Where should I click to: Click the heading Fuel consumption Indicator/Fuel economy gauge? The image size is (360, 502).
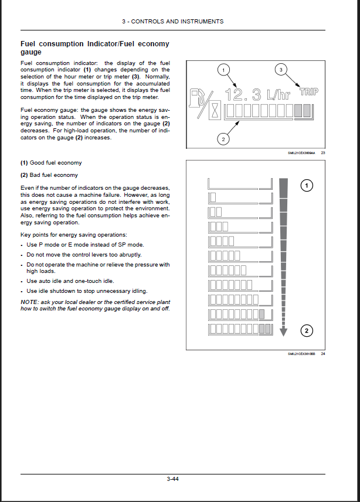point(94,47)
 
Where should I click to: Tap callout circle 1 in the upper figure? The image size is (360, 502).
point(222,70)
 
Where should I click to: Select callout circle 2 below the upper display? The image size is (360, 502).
point(223,139)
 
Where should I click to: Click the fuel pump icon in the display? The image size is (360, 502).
point(198,97)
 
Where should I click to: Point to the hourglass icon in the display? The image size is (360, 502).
point(215,111)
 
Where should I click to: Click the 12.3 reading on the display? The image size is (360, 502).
point(244,94)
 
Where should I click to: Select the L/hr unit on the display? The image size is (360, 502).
point(279,95)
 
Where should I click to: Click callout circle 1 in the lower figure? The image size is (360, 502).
point(306,186)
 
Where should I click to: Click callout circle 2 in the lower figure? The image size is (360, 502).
point(306,331)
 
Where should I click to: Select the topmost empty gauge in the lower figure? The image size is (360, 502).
point(240,182)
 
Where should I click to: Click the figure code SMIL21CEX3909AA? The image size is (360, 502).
point(301,153)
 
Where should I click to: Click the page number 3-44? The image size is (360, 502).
point(172,479)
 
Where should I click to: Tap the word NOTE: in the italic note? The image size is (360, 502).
point(29,302)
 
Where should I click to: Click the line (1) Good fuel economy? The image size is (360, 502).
point(51,162)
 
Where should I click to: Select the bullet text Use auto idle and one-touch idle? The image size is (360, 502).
point(70,281)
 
